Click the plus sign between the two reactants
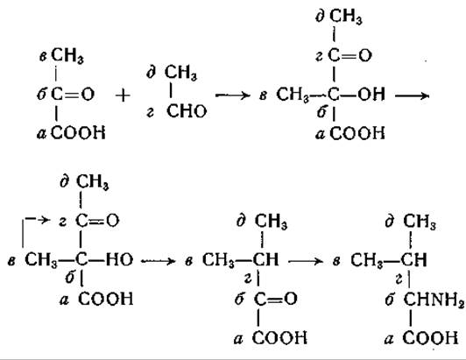123,95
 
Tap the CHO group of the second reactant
187,111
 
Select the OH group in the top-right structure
371,95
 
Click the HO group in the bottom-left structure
120,259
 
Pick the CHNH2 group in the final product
434,299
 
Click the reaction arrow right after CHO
233,95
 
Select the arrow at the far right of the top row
413,95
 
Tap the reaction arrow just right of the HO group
158,261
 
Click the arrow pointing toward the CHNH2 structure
306,261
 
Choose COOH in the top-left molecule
78,132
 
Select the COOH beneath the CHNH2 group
430,338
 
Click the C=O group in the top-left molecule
73,95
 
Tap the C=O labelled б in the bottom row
276,299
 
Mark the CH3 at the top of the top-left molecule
67,55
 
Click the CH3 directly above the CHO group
180,73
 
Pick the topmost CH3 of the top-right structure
346,16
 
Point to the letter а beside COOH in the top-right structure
320,134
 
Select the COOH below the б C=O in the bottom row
279,338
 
